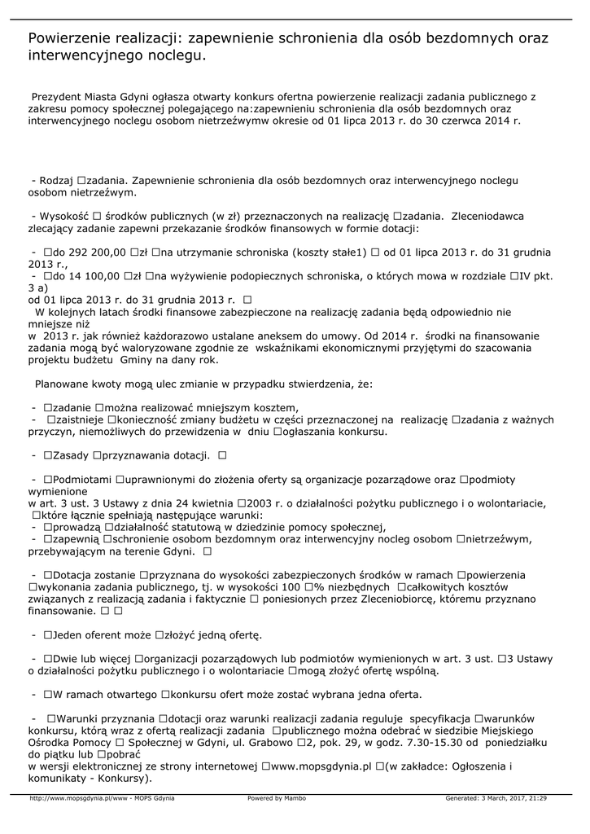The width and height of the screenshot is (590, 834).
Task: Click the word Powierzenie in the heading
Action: pos(72,38)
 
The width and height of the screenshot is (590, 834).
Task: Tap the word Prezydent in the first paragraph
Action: pos(59,96)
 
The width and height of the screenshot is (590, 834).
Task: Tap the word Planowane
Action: pos(66,383)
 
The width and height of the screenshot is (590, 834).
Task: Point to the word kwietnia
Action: pos(203,503)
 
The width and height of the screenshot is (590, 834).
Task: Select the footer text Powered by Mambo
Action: pos(277,798)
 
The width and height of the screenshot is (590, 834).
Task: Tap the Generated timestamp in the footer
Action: pos(496,798)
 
